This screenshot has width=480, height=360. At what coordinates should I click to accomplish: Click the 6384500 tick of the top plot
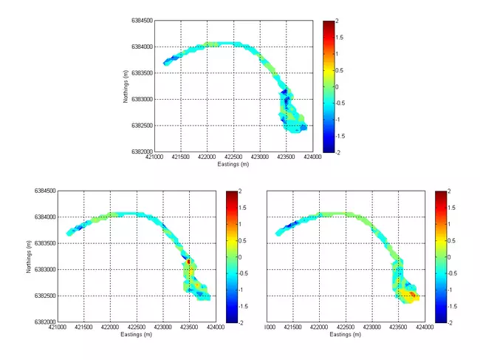(x=142, y=21)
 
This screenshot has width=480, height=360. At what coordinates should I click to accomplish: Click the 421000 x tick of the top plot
(x=154, y=157)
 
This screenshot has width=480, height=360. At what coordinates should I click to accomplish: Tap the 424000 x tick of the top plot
(x=313, y=157)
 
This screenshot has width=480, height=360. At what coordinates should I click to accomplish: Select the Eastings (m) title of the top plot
(x=233, y=164)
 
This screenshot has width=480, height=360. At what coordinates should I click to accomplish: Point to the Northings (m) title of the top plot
(x=127, y=86)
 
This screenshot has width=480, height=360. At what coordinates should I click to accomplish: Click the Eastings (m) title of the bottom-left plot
(x=137, y=334)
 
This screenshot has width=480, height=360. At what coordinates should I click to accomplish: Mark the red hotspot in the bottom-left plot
(x=189, y=262)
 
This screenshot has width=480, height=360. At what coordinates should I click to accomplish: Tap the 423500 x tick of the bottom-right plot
(x=400, y=327)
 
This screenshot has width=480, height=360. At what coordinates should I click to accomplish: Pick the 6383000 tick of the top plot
(x=142, y=99)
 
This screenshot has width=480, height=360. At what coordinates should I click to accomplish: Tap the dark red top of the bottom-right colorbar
(x=440, y=193)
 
